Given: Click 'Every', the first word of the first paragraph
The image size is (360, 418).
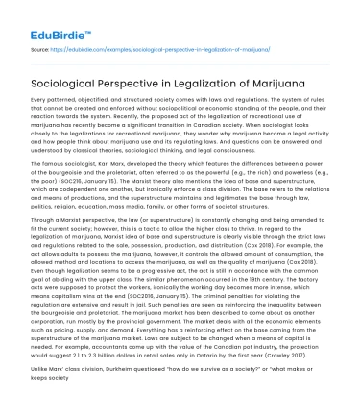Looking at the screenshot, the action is coord(40,100).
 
